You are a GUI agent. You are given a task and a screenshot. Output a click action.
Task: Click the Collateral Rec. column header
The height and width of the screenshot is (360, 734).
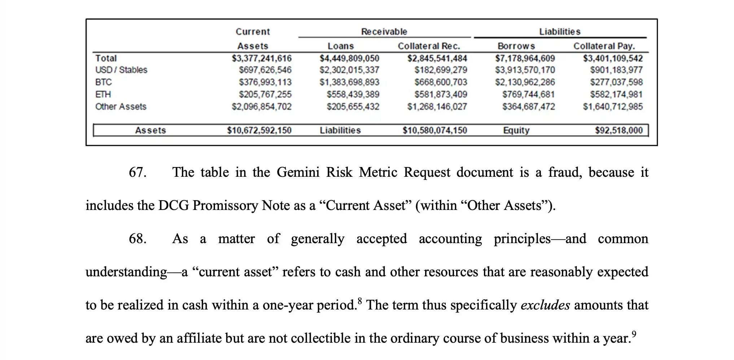[429, 46]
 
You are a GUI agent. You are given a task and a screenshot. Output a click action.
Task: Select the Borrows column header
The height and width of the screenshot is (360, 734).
[516, 46]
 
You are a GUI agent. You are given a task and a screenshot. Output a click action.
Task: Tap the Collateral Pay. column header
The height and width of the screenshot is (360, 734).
[604, 46]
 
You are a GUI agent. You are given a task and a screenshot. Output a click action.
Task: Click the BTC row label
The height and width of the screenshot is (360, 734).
[104, 82]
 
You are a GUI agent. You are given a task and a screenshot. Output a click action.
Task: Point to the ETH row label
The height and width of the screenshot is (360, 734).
[103, 95]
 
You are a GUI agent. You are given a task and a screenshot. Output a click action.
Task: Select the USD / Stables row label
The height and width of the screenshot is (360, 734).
[121, 70]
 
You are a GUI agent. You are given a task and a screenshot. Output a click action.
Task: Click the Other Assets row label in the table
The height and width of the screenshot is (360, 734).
[121, 107]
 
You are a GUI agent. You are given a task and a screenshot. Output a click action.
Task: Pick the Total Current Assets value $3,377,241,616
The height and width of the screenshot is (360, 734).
[262, 58]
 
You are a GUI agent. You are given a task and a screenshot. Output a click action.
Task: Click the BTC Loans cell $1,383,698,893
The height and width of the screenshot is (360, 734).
[349, 82]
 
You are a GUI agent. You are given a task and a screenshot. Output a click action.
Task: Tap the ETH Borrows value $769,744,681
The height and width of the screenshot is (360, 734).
[528, 95]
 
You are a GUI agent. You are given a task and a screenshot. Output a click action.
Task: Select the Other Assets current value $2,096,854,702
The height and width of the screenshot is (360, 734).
[262, 107]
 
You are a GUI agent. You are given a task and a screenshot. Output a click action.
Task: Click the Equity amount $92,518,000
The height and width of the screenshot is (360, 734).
[619, 131]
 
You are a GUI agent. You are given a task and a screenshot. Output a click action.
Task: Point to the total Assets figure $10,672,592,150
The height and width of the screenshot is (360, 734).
[259, 131]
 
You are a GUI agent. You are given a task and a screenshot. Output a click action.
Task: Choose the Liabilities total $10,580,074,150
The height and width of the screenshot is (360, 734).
[435, 131]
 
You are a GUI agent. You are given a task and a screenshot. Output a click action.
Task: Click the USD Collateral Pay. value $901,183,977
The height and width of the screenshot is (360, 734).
[616, 70]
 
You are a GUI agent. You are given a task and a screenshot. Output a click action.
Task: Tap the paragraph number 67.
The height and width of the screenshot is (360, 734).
[137, 172]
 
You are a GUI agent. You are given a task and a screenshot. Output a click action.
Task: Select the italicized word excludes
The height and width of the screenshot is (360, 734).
[545, 305]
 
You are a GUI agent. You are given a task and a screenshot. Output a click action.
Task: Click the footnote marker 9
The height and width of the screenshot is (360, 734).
[634, 334]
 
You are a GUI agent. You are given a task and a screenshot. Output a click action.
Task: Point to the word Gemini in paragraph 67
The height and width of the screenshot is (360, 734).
[298, 172]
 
